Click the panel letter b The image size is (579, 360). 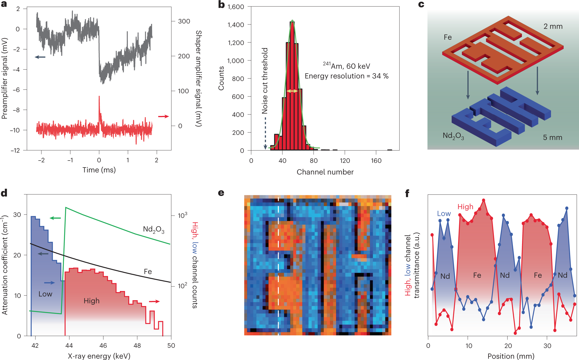point(221,5)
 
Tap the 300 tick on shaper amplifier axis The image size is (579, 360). point(184,21)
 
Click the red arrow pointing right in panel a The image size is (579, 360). point(163,116)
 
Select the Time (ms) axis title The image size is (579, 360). point(99,170)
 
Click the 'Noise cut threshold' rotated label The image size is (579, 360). point(265,81)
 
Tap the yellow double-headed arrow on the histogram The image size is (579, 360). point(292,91)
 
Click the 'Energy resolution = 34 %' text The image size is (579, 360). point(346,76)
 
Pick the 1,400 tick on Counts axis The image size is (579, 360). point(236,25)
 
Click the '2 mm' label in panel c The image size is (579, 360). point(553,26)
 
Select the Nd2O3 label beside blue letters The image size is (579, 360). point(453,136)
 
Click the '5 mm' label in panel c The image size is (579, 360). point(552,137)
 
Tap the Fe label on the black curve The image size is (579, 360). point(148,271)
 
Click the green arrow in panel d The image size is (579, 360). point(55,218)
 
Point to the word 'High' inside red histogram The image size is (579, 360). point(91,301)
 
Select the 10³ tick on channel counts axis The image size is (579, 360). point(182,215)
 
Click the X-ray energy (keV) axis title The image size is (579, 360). point(99,356)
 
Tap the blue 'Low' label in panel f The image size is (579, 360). point(444,213)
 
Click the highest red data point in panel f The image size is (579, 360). point(484,200)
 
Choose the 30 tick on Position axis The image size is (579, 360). point(547,346)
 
